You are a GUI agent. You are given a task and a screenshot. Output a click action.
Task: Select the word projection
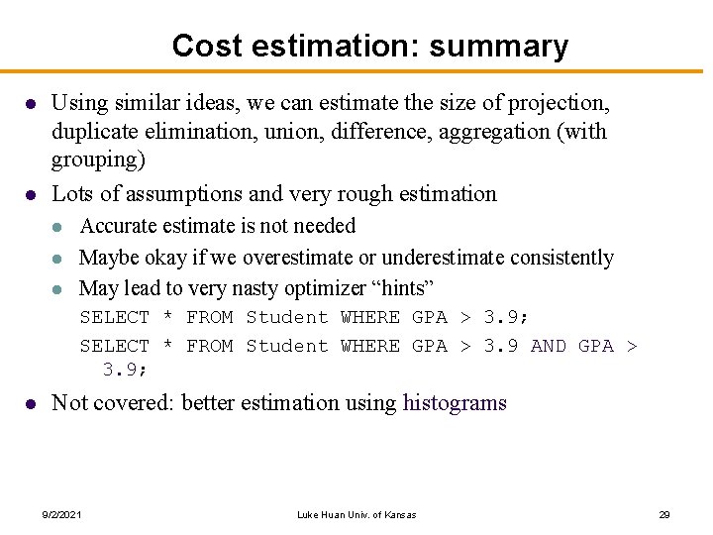click(560, 102)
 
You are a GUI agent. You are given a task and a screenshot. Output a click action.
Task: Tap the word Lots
click(70, 193)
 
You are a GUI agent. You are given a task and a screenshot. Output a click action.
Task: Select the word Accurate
click(120, 226)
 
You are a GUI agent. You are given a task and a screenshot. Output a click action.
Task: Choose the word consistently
click(561, 258)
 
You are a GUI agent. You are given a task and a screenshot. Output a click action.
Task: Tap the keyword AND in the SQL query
click(549, 346)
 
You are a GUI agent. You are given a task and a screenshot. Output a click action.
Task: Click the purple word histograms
click(455, 403)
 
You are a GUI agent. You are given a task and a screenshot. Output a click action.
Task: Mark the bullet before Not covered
click(31, 404)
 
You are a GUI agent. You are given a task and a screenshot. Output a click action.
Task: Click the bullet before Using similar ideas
click(31, 103)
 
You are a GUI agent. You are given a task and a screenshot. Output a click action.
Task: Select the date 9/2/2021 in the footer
click(62, 515)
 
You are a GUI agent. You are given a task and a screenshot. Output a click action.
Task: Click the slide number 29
click(664, 515)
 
